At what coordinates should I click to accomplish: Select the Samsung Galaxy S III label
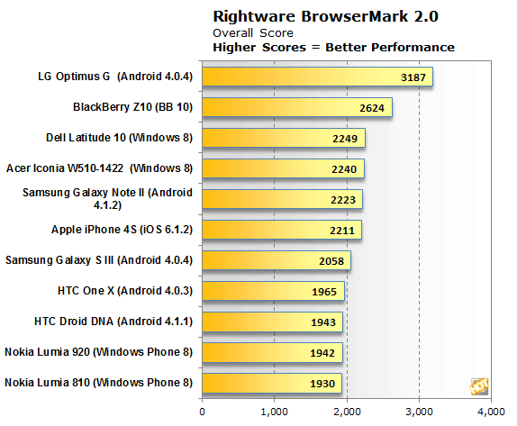[100, 261]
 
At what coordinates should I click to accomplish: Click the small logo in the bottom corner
[479, 385]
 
